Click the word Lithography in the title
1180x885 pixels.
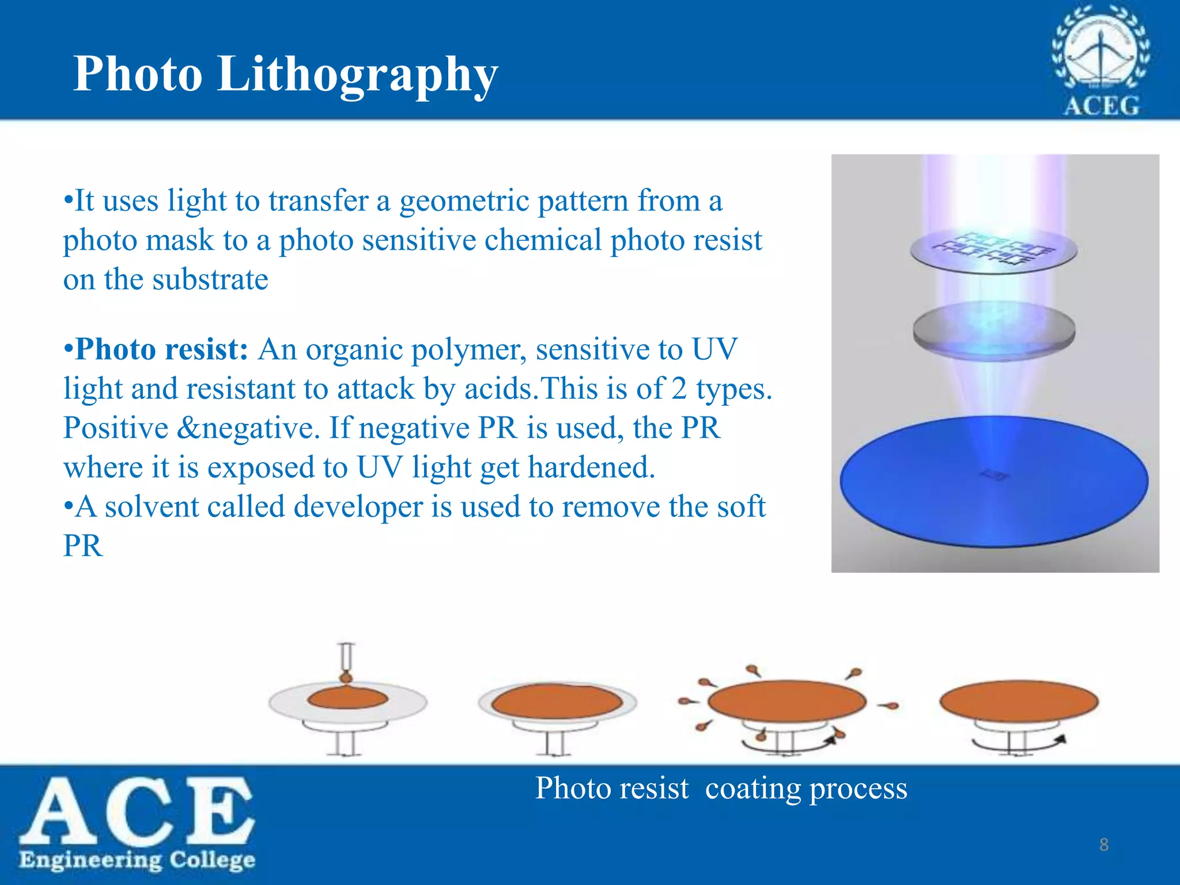click(357, 75)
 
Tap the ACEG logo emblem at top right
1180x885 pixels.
click(1100, 58)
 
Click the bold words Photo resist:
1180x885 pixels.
click(161, 349)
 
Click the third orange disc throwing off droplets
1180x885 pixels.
click(786, 701)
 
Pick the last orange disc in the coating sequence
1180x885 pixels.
click(1019, 701)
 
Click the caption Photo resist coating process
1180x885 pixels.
click(721, 788)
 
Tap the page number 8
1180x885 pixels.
click(1103, 845)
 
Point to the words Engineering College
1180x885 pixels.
click(137, 860)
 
